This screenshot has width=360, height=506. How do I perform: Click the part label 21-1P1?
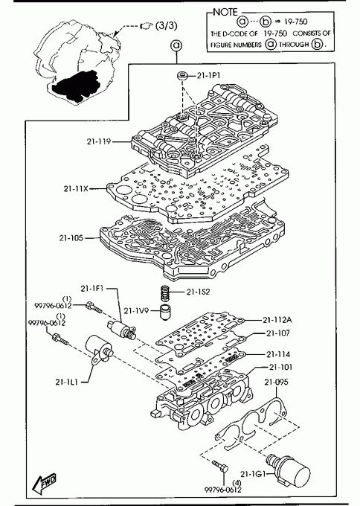click(208, 75)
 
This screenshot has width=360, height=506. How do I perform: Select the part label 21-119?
click(98, 141)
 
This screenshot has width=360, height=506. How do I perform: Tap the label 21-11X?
click(76, 188)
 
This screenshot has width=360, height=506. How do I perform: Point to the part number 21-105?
click(71, 238)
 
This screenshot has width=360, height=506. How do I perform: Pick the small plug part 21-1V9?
click(165, 312)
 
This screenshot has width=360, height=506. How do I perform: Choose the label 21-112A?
click(277, 320)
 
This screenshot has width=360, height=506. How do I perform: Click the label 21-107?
click(278, 333)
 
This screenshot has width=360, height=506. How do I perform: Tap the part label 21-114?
click(278, 354)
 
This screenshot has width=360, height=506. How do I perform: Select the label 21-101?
click(280, 368)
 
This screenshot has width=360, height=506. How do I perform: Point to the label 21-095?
click(277, 382)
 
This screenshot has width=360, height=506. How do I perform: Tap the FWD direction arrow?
click(45, 483)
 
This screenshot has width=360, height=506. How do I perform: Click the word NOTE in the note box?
click(225, 12)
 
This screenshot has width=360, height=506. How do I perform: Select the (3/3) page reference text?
click(167, 25)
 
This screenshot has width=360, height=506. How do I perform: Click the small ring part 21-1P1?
click(182, 77)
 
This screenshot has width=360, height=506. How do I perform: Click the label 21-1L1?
click(66, 382)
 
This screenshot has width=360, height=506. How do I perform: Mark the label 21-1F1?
click(92, 289)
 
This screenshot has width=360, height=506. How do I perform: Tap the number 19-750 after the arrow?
click(296, 22)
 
